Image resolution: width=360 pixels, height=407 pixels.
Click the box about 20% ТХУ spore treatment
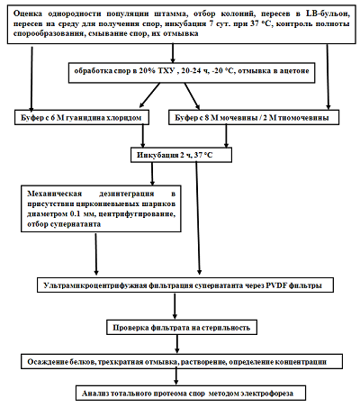coord(192,73)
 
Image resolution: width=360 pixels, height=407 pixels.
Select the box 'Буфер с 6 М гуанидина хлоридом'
coord(82,117)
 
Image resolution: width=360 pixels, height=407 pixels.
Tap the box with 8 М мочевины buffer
coord(254,117)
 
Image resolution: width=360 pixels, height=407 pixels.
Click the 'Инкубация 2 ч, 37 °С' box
coord(181,155)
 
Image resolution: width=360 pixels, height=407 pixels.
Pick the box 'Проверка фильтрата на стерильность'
coord(182,327)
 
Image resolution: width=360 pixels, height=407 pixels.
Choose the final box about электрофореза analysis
coord(191,393)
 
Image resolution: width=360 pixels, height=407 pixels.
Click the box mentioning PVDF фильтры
coord(185,285)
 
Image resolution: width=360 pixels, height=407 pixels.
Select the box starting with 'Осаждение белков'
coord(182,361)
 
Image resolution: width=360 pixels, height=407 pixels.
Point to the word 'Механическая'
coord(54,194)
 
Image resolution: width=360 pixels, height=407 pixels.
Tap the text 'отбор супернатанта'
coord(64,224)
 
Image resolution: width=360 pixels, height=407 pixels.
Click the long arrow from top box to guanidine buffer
coord(31,78)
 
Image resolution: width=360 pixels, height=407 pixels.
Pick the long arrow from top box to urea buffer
coord(328,77)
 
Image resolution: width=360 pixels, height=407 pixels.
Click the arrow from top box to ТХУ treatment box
coord(173,53)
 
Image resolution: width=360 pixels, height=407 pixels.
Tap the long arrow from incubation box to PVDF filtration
coord(198,218)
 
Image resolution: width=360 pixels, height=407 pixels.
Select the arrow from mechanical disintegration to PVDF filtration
coord(96,254)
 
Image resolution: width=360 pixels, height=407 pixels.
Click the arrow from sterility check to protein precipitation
coord(177,344)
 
